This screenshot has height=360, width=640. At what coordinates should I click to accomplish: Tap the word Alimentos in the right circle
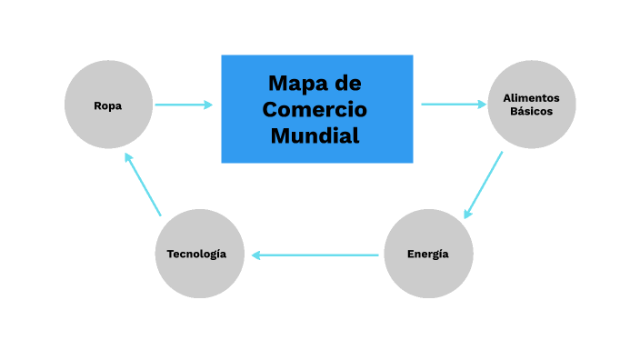tap(531, 98)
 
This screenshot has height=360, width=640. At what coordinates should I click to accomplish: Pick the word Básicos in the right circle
tap(531, 112)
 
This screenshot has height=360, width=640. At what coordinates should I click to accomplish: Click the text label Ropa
tap(108, 105)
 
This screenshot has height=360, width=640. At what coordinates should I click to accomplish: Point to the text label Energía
tap(428, 254)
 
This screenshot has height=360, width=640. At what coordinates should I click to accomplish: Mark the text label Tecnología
tap(196, 254)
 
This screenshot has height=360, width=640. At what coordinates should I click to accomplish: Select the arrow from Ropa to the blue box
tap(182, 105)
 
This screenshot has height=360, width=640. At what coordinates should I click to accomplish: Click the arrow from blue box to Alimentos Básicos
tap(452, 105)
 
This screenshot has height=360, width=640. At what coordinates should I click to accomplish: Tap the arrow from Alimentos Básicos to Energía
tap(484, 185)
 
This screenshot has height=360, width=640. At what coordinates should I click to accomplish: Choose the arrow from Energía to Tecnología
tap(315, 255)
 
